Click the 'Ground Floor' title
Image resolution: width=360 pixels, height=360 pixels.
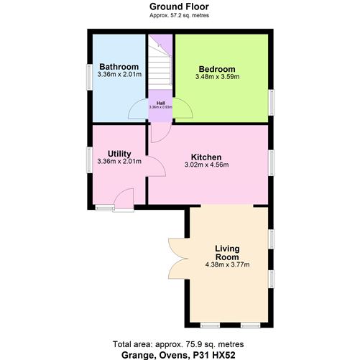point(180,6)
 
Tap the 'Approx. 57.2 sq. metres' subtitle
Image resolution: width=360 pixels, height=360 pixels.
point(180,15)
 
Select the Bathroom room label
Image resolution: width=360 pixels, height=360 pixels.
point(119,67)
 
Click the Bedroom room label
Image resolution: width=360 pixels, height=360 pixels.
point(217,69)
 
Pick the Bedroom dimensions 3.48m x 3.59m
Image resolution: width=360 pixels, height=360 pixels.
point(217,77)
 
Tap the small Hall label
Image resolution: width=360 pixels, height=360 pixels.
point(160,103)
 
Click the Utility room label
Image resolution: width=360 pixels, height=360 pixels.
point(119,153)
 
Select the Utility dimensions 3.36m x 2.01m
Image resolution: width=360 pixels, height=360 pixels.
point(119,162)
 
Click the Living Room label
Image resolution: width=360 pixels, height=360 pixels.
point(227,253)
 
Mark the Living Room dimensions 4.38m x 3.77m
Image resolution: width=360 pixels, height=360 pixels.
point(227,264)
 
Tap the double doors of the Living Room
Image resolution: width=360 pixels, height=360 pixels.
point(177,259)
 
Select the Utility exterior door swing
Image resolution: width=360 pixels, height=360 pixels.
point(124,199)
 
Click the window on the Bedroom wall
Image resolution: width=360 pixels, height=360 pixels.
point(272,101)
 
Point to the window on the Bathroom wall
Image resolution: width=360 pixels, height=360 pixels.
point(88,75)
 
